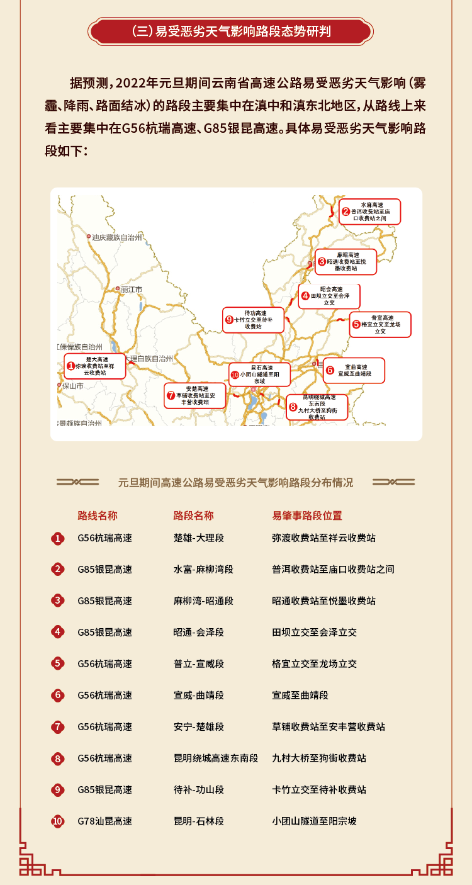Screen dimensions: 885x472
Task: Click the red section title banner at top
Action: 231,31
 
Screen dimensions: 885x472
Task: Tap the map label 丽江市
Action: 132,290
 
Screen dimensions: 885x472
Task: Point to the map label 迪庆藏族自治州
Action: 117,237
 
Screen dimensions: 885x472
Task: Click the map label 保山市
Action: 72,386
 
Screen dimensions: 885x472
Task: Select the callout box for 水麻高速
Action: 370,211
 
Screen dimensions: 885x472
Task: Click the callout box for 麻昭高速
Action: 346,261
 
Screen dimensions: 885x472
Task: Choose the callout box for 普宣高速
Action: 380,324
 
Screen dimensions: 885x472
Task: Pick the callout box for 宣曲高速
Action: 354,370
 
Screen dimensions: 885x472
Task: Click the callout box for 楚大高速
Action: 95,366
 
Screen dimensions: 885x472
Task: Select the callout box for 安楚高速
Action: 194,396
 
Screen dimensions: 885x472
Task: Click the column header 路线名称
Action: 98,516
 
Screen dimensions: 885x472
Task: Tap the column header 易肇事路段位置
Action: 307,516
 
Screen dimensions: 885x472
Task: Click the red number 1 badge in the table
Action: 58,538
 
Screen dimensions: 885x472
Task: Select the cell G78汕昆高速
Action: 105,821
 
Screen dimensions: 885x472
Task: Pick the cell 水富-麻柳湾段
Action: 203,569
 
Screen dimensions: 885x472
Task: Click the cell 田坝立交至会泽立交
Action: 315,632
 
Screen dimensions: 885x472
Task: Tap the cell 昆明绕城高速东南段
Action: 216,758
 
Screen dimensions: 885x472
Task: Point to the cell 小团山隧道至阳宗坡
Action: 315,821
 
